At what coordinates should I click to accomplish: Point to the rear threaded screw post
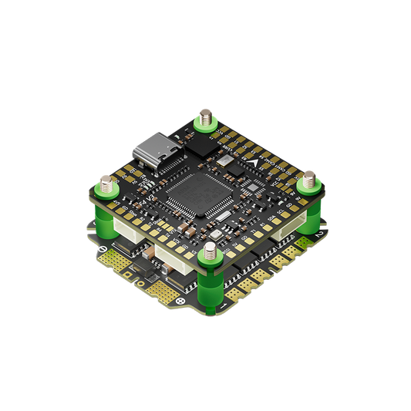[205, 119]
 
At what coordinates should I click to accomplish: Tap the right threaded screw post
[308, 184]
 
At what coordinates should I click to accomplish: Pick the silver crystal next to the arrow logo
[224, 160]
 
